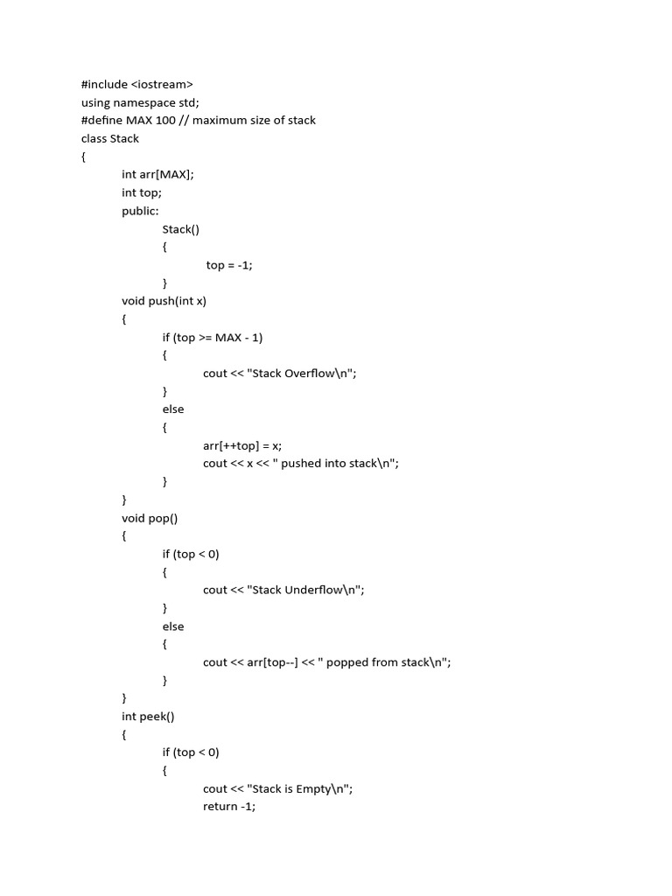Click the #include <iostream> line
137,84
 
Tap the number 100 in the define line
166,120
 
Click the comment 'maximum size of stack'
255,120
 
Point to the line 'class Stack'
110,138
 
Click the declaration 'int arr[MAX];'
157,174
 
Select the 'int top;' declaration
142,192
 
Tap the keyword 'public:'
141,211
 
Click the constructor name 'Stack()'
181,229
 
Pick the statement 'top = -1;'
229,265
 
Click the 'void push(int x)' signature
164,301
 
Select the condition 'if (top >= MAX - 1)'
213,337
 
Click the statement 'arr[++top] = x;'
242,445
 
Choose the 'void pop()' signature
150,518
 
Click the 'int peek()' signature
148,717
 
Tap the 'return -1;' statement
229,807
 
